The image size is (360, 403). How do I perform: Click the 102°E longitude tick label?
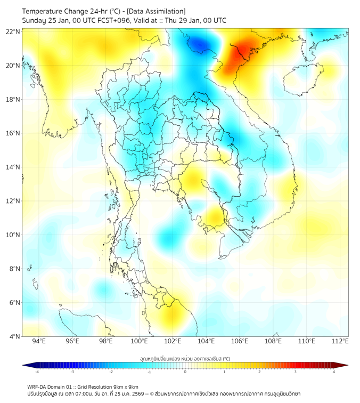tap(173, 341)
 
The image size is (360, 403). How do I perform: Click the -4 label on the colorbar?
tap(37, 372)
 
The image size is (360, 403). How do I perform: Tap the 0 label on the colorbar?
tap(185, 372)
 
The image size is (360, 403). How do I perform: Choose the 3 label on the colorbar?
tap(296, 372)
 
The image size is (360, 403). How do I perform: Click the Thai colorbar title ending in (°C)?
tap(185, 358)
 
